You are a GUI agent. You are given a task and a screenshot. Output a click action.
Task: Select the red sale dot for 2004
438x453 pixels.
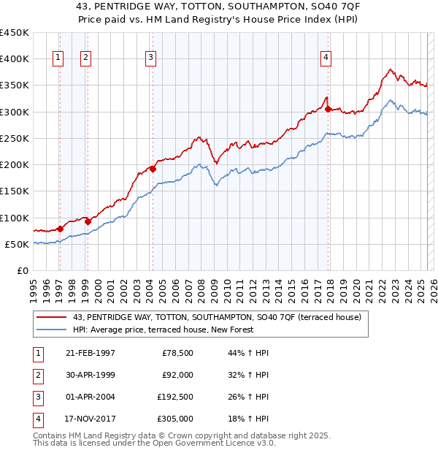click(153, 169)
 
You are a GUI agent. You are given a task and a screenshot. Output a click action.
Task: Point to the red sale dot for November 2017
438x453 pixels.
click(328, 110)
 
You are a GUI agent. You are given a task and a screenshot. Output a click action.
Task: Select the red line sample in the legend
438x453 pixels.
click(52, 317)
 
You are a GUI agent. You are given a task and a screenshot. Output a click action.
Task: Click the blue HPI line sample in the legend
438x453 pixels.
click(52, 330)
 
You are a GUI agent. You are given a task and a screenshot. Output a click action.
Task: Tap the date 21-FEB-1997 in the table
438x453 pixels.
click(90, 353)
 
